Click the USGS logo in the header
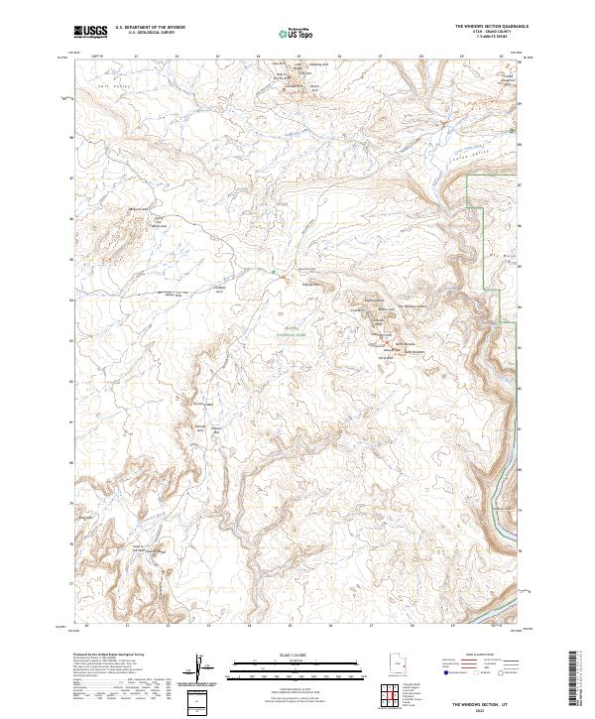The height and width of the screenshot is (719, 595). pos(90,32)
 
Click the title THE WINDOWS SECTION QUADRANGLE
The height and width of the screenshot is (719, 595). pos(491,26)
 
